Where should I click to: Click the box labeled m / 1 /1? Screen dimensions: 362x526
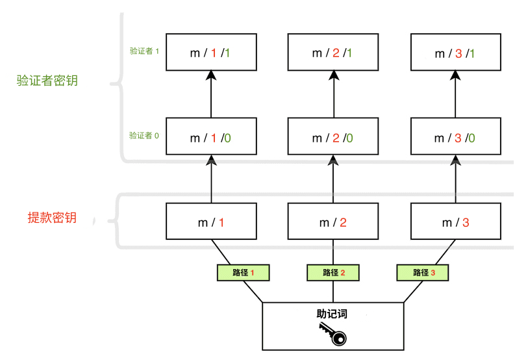click(211, 53)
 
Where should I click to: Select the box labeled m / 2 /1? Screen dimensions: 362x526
click(333, 53)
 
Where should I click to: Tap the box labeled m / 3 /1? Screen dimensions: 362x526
click(455, 53)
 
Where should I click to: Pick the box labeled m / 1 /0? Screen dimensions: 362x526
click(211, 137)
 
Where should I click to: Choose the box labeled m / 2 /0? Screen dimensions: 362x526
click(333, 137)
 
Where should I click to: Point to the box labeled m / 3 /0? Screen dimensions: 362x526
click(455, 137)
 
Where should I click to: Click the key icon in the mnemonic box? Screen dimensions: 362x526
click(333, 335)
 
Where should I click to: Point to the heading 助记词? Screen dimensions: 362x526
click(332, 314)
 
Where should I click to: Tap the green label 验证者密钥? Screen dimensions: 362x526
click(47, 81)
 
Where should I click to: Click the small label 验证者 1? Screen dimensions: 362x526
click(144, 51)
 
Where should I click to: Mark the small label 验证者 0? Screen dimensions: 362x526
click(144, 136)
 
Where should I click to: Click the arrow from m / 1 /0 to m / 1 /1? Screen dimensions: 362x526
click(211, 95)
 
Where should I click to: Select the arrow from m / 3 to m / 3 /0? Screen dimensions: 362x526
click(455, 179)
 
